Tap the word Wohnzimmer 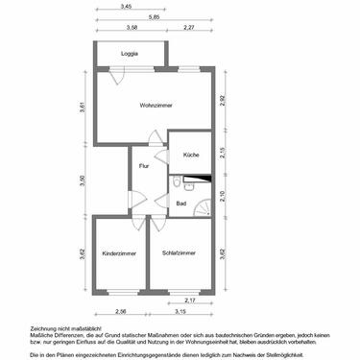coord(155,105)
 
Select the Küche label coord(190,155)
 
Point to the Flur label coord(144,165)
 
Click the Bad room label coord(180,203)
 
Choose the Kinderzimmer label coord(119,252)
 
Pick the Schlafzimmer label coord(179,252)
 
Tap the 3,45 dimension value coord(127,7)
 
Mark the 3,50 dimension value coord(83,180)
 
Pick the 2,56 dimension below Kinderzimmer coord(121,312)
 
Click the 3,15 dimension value coord(180,312)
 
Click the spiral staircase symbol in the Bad coord(202,205)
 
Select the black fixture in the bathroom coord(197,178)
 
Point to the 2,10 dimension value coord(222,197)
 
